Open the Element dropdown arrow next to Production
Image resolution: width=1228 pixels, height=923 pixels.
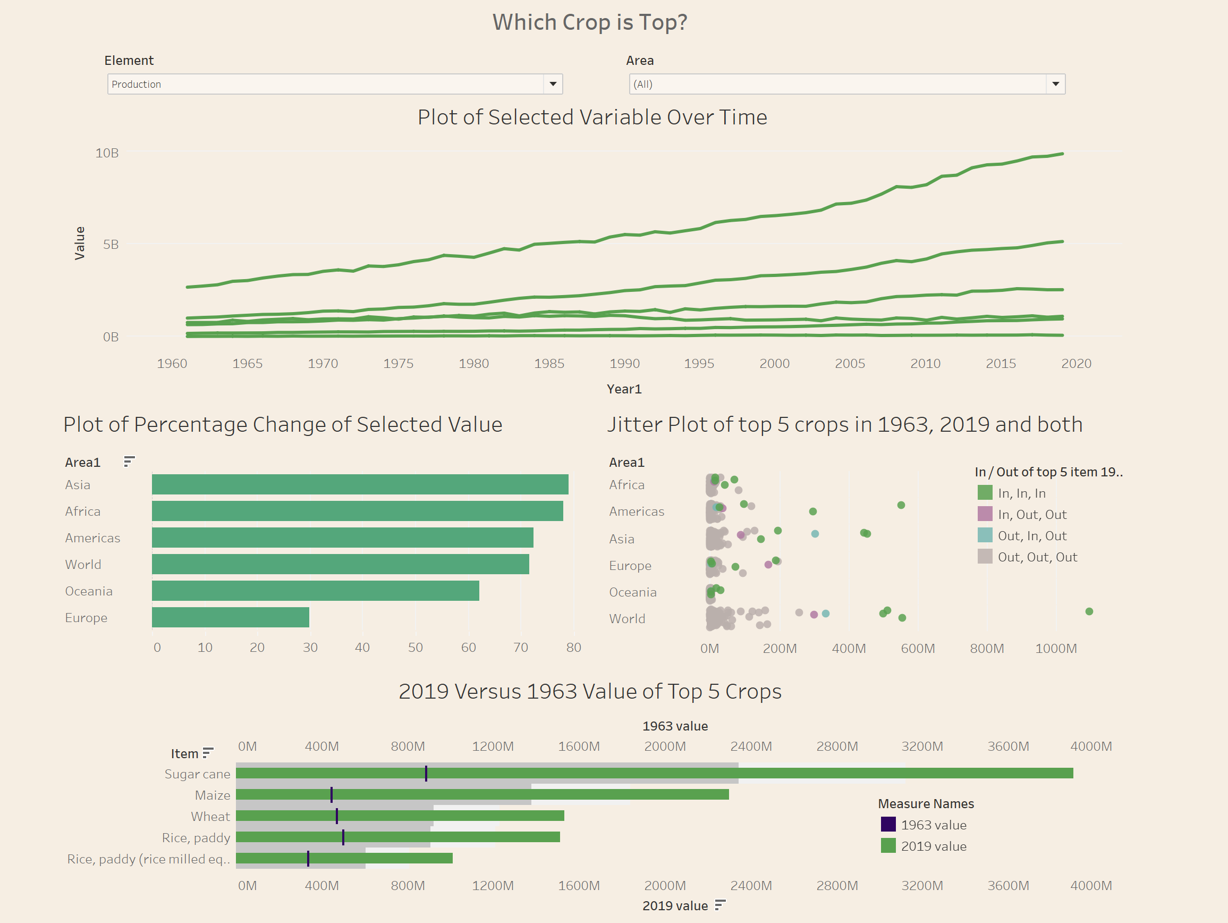(x=553, y=84)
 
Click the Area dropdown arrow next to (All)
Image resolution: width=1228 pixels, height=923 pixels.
(x=1055, y=84)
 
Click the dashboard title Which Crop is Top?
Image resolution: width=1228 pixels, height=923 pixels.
(x=590, y=22)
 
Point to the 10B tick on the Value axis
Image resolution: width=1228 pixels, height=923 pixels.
(x=107, y=153)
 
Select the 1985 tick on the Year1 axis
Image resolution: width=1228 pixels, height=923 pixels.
(x=549, y=363)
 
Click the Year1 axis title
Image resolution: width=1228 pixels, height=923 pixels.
(x=624, y=389)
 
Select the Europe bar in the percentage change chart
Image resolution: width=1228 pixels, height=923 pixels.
(x=231, y=617)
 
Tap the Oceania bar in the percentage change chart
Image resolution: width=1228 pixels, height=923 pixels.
(x=315, y=590)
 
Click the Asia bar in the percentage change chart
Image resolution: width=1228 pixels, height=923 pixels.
(x=360, y=484)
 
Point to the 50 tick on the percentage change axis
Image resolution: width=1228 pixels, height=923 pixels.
(x=415, y=647)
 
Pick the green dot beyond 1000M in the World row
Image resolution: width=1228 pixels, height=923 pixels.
(x=1089, y=611)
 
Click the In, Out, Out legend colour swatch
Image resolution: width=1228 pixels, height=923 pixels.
(x=984, y=514)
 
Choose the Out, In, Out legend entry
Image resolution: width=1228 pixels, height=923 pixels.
(x=1031, y=535)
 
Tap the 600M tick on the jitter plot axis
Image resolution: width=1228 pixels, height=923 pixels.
(x=918, y=648)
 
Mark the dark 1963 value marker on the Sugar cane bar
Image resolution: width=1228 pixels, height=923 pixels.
(x=426, y=773)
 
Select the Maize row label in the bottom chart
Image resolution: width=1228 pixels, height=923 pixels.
(x=212, y=795)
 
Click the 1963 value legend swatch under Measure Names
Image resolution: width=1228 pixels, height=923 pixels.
(x=888, y=824)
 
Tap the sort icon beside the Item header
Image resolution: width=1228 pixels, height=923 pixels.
(x=208, y=752)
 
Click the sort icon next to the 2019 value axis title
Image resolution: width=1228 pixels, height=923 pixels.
(x=720, y=905)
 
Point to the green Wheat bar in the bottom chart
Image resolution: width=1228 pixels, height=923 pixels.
(x=400, y=815)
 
